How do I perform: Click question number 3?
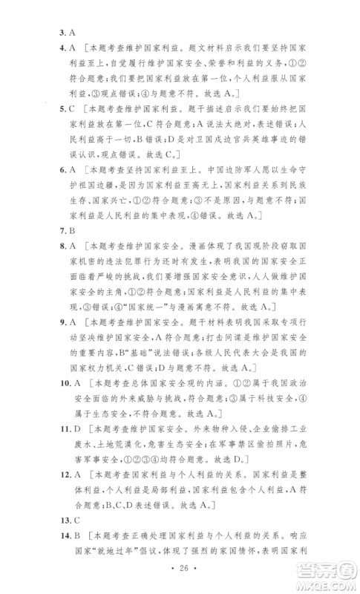62,33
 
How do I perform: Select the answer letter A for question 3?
71,33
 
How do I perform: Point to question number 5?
62,108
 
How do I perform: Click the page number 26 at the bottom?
180,587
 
